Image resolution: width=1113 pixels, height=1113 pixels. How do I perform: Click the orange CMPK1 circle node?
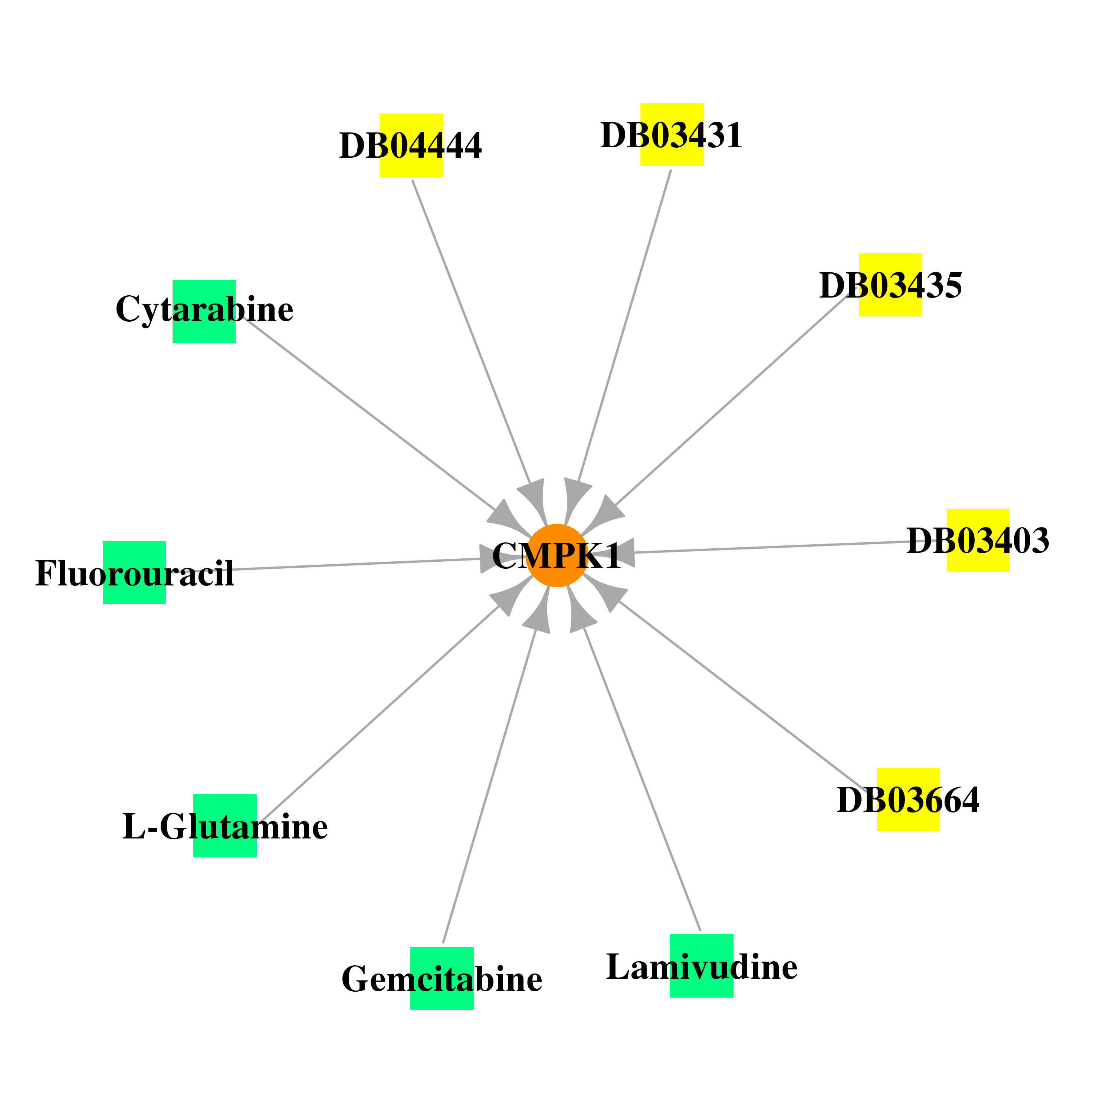click(x=556, y=555)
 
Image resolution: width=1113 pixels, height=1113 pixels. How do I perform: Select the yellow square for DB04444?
click(x=411, y=145)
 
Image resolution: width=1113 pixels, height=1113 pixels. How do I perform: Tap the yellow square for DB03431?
click(x=672, y=135)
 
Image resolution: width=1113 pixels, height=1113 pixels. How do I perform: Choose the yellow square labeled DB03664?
click(x=908, y=799)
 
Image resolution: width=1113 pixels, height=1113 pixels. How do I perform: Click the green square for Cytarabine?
click(x=204, y=311)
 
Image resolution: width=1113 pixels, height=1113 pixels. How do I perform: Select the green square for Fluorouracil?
click(x=135, y=572)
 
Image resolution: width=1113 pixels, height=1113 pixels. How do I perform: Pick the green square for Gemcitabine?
click(x=442, y=978)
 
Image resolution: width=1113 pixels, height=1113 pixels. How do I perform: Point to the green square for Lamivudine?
click(x=702, y=965)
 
